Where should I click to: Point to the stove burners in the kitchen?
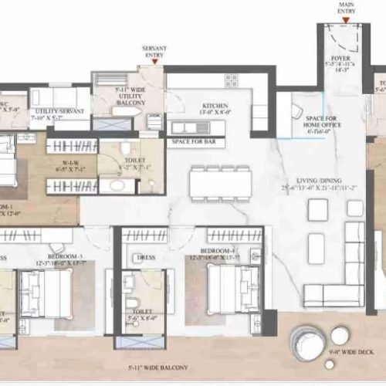point(231,80)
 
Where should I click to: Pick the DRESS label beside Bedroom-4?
point(144,258)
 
